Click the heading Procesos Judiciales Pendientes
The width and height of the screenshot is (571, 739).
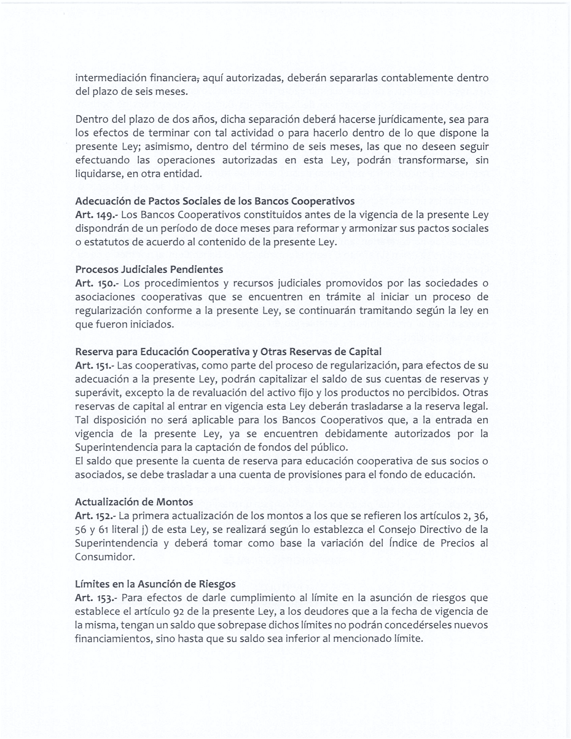click(149, 269)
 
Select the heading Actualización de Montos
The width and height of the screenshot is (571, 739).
click(134, 502)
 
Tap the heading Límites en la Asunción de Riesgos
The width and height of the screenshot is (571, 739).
click(155, 584)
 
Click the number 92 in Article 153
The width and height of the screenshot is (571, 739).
click(178, 611)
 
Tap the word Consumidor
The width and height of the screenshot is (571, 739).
click(104, 557)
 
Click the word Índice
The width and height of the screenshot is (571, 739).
click(402, 543)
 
